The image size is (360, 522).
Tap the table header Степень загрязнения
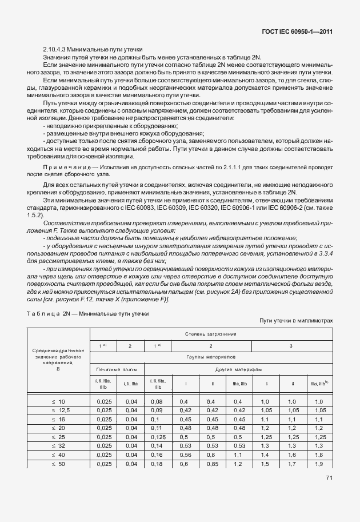[x=211, y=333]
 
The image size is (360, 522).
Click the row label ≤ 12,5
[x=59, y=411]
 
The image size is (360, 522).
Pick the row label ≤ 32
[x=59, y=445]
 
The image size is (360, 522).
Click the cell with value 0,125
[x=158, y=437]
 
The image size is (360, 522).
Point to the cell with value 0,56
[x=184, y=455]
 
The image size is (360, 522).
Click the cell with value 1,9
[x=319, y=463]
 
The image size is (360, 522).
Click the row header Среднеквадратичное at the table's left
[x=59, y=350]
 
